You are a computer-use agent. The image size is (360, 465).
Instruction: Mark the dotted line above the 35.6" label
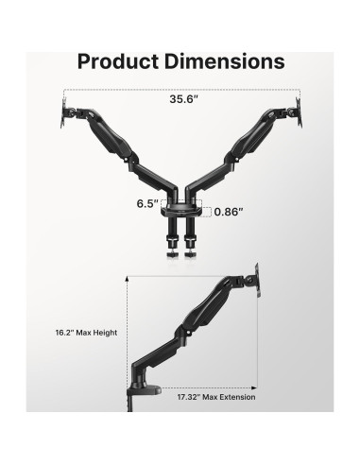click(x=180, y=90)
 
